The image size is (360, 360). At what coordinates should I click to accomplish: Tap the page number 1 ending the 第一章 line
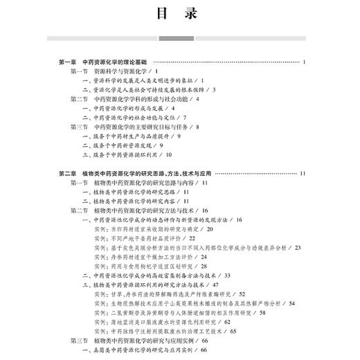tap(304, 62)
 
